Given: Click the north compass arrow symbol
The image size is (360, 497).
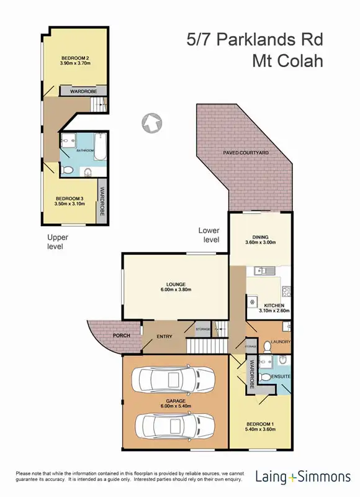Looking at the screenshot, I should click(150, 122).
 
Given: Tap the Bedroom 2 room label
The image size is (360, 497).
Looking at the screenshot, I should click(75, 59).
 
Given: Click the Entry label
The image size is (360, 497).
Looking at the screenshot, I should click(164, 336).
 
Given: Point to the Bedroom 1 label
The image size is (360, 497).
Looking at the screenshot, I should click(260, 426).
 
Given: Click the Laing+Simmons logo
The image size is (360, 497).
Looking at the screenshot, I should click(303, 477).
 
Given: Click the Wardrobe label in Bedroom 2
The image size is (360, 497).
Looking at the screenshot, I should click(83, 91).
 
